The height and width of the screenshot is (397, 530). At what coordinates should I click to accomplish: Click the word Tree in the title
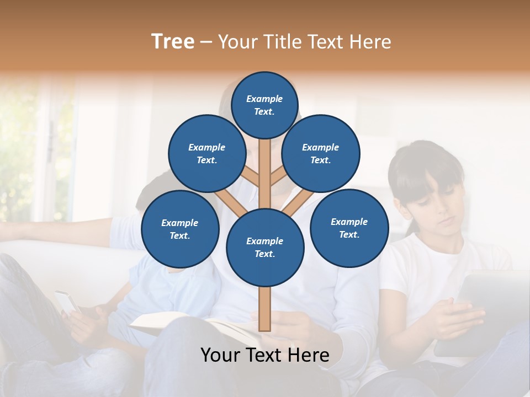point(173,41)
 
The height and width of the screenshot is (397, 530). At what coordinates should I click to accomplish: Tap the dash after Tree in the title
point(206,42)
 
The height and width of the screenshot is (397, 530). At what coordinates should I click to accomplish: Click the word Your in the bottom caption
point(220,355)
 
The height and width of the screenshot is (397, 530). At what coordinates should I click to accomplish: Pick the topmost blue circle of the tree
point(264,105)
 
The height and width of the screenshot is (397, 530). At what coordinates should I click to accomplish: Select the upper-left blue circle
point(206,153)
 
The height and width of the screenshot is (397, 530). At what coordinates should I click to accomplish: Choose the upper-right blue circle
point(321,153)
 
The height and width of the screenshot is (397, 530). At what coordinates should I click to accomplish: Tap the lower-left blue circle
point(180,229)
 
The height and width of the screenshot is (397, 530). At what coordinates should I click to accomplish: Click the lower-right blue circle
point(349,228)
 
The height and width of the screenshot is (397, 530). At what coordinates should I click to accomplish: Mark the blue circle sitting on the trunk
point(265,247)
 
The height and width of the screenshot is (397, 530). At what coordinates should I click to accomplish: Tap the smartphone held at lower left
point(67,302)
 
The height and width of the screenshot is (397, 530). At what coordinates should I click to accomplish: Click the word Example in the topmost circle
point(264,99)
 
